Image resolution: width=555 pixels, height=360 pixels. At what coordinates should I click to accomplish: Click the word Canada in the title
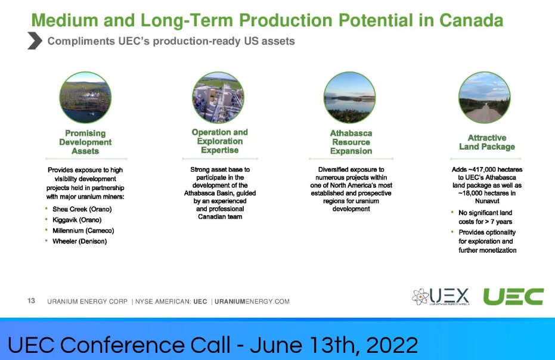(471, 20)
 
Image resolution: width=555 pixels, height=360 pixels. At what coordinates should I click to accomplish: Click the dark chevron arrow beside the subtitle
(35, 41)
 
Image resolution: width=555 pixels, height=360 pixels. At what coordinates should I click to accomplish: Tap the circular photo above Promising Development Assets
(85, 98)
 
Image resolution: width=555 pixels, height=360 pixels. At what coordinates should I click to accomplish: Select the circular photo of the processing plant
(218, 98)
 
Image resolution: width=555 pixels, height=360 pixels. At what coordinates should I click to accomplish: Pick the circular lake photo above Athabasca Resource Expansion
(350, 98)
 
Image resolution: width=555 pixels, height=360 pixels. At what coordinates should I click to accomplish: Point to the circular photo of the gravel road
(485, 98)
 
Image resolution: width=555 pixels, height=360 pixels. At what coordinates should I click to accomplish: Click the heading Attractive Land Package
(487, 142)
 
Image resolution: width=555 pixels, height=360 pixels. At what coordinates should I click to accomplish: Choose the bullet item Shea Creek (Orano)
(82, 209)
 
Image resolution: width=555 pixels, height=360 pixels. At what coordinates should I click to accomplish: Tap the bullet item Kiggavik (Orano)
(77, 220)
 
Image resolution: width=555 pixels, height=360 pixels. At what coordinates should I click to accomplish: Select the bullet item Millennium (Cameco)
(83, 231)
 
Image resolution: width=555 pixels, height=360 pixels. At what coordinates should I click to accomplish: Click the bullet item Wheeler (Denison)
(80, 241)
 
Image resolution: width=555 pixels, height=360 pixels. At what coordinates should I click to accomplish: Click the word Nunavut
(487, 201)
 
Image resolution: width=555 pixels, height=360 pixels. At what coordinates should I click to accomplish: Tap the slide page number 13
(31, 301)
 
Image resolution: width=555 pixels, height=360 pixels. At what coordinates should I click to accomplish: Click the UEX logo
(441, 297)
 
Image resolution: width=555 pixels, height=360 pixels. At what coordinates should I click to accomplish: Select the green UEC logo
(514, 296)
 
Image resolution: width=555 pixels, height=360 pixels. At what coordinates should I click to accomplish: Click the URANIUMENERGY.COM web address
(252, 302)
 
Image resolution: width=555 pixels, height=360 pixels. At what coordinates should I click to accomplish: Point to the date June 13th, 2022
(334, 345)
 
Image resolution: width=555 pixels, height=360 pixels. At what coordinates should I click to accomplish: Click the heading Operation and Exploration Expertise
(220, 141)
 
